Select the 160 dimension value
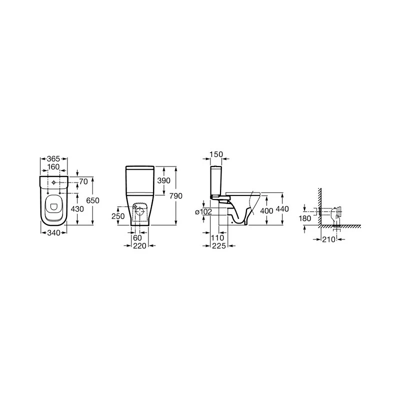[53, 167]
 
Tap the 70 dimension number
[83, 180]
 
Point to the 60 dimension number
[137, 238]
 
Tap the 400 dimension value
[266, 211]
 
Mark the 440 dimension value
[282, 209]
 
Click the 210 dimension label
[327, 239]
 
